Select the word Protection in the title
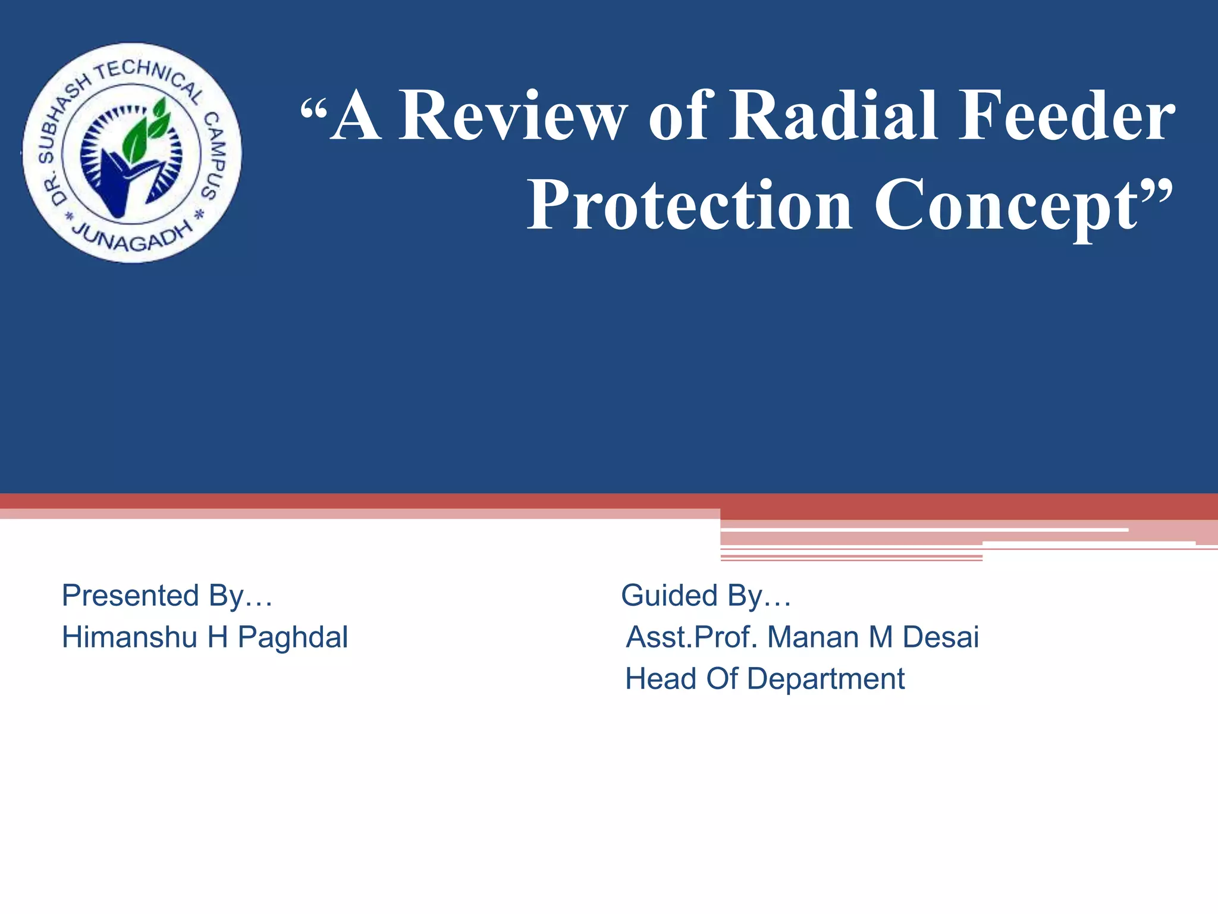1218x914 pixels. click(690, 205)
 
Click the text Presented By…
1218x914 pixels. click(167, 596)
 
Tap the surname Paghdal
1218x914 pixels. click(293, 637)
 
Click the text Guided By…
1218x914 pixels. click(706, 596)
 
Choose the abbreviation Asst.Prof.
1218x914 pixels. click(692, 637)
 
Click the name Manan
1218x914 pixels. click(812, 637)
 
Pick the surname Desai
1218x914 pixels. click(940, 637)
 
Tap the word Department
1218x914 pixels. click(825, 679)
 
